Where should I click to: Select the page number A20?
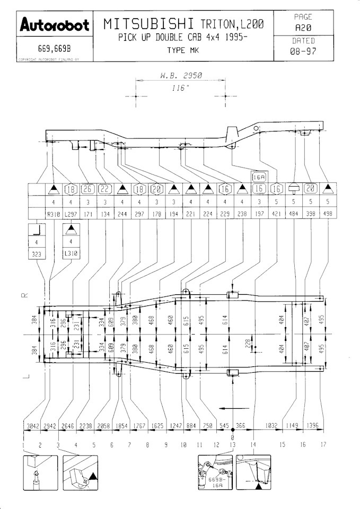[303, 27]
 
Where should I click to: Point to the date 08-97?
[303, 51]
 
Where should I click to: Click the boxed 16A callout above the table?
[259, 177]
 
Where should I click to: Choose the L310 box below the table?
[70, 253]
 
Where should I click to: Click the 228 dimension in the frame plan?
[247, 343]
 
